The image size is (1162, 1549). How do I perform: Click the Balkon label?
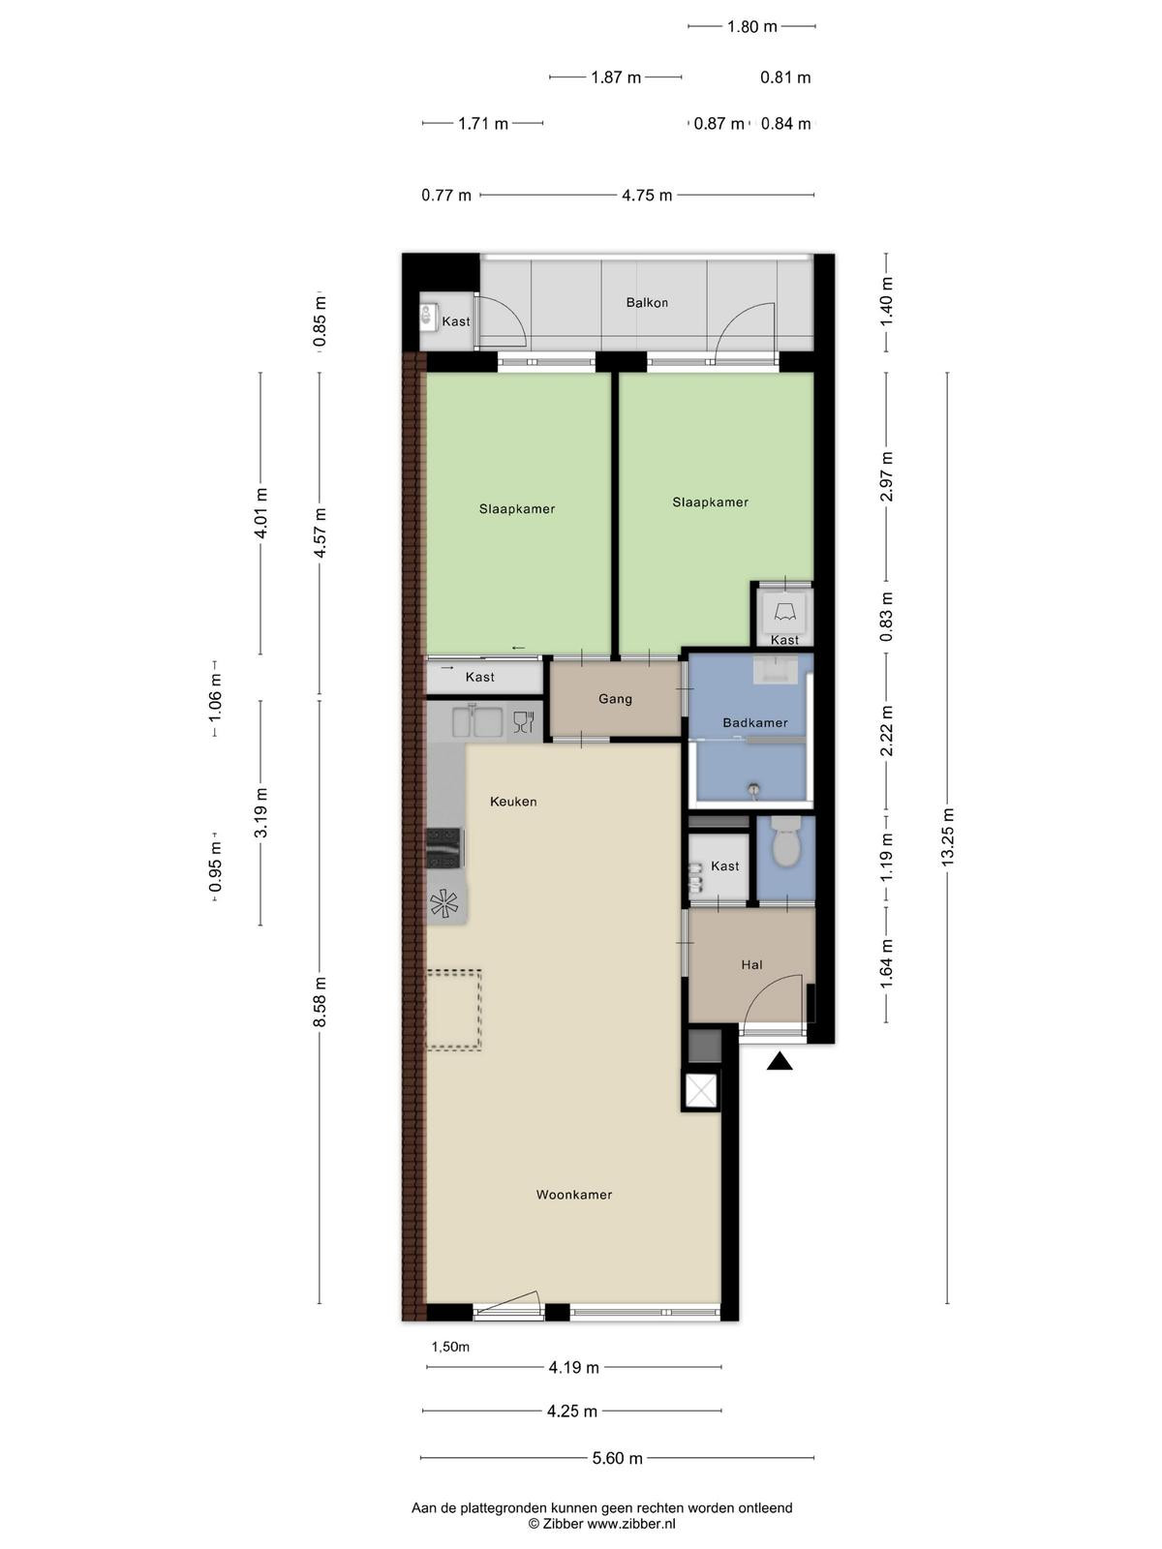coord(646,303)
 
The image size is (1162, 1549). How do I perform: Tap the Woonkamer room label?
coord(573,1195)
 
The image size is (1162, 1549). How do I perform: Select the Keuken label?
coord(513,802)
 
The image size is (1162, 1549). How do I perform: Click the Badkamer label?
coord(755,722)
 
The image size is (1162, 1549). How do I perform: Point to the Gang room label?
coord(615,699)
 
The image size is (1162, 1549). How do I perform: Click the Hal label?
coord(751,964)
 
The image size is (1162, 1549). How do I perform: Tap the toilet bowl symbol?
coord(785,842)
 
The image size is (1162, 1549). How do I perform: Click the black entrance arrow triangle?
coord(780,1061)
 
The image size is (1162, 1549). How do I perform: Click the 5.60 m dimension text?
coord(617,1458)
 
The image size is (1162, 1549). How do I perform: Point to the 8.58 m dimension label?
coord(320,1002)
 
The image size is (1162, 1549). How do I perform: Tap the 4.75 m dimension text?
coord(646,196)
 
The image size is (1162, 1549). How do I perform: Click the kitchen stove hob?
coord(444,848)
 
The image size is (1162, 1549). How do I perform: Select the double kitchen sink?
coord(477,720)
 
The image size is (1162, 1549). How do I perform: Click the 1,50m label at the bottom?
coord(450,1347)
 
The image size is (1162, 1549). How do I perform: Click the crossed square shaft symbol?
coord(700,1091)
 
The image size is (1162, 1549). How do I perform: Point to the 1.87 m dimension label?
coord(615,77)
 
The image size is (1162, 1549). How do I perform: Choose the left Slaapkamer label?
coord(516,509)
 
